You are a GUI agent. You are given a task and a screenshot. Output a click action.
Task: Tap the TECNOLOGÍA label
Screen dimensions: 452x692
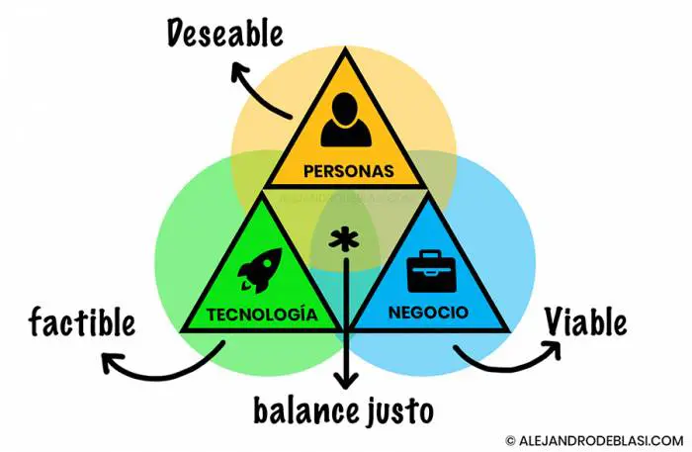[262, 315]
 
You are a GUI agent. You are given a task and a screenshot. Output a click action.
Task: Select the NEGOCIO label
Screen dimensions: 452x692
[428, 315]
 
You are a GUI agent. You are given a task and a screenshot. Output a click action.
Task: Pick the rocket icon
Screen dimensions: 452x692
[261, 269]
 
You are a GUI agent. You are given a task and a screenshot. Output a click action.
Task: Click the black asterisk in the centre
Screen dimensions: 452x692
[344, 241]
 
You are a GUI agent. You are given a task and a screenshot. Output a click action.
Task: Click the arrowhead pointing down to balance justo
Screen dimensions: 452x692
[345, 381]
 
